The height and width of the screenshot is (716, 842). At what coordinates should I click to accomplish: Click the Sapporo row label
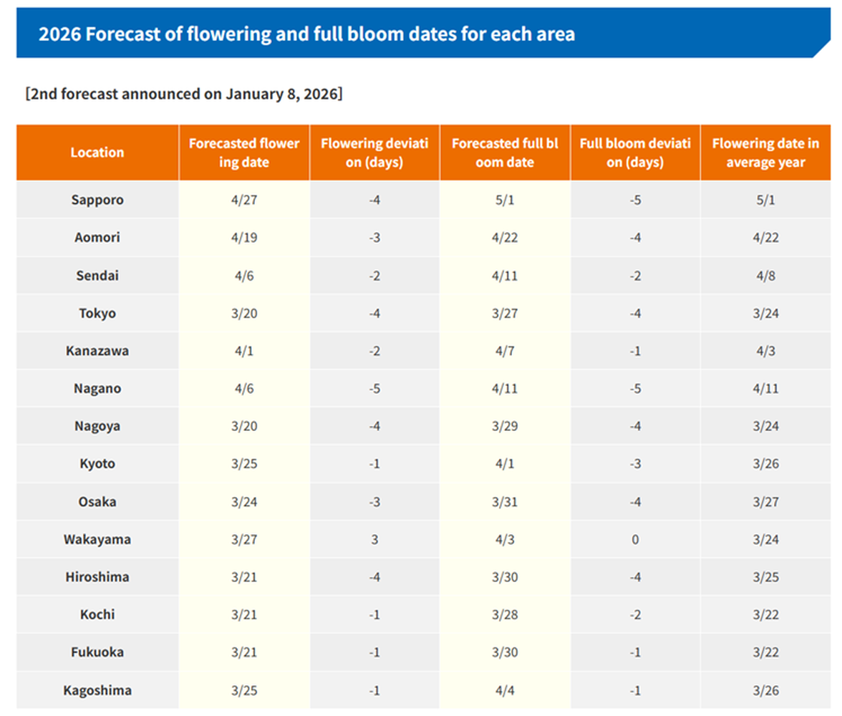click(97, 200)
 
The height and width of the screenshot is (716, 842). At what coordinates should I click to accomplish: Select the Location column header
click(97, 153)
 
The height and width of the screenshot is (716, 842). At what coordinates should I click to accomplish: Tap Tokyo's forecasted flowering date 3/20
click(244, 313)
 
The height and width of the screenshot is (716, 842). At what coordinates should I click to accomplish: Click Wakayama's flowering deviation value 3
click(374, 539)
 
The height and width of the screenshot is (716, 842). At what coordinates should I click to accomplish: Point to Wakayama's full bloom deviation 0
click(634, 539)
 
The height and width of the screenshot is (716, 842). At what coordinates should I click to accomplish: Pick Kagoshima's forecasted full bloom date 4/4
click(504, 690)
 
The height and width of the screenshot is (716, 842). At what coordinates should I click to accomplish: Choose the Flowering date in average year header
click(765, 153)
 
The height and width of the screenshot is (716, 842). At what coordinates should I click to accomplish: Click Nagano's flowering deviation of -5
click(374, 389)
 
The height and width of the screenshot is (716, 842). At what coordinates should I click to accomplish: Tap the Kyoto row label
click(97, 464)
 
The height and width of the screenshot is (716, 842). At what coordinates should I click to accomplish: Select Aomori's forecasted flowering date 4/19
click(244, 238)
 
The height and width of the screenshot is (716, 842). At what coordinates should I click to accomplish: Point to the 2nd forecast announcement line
click(184, 94)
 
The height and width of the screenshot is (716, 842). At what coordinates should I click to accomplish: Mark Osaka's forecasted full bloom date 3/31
click(504, 502)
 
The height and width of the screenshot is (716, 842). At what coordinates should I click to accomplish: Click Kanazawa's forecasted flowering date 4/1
click(244, 351)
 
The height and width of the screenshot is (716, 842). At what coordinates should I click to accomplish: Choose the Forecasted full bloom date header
click(504, 153)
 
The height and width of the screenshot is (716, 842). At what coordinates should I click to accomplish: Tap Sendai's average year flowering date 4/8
click(765, 276)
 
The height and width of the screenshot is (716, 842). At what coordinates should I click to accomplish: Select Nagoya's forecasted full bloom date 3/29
click(504, 426)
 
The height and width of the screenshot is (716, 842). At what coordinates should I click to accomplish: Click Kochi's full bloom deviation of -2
click(634, 614)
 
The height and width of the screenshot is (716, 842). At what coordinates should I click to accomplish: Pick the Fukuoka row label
click(97, 652)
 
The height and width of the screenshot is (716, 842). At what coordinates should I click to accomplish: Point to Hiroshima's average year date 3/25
click(765, 577)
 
